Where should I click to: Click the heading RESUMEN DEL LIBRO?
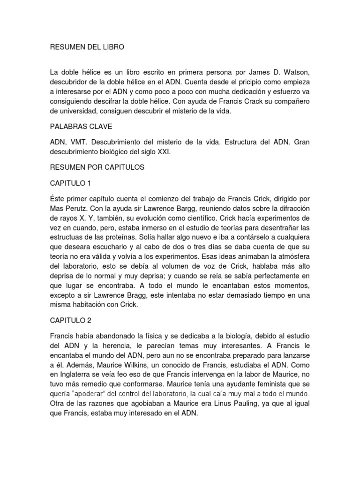click(88, 47)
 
